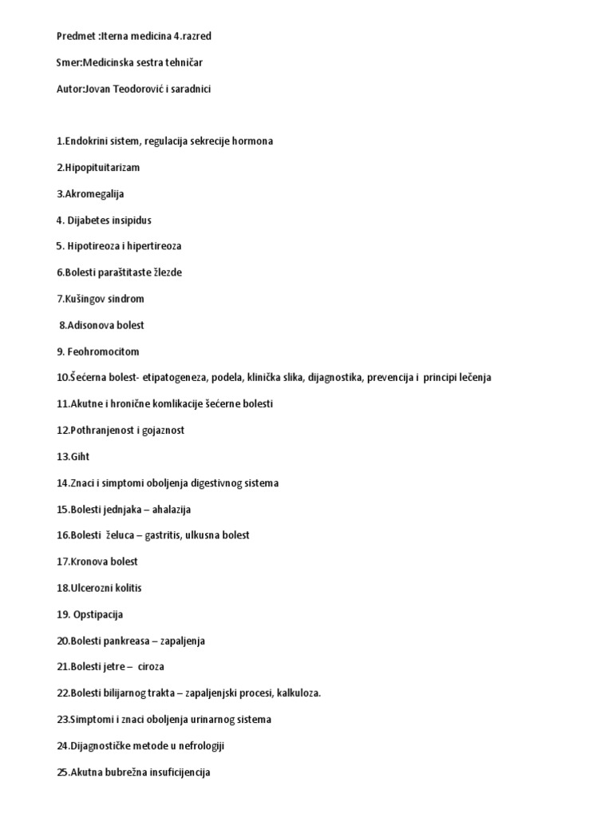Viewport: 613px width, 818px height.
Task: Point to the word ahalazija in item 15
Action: coord(171,510)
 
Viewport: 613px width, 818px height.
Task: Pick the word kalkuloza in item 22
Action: coord(298,693)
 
